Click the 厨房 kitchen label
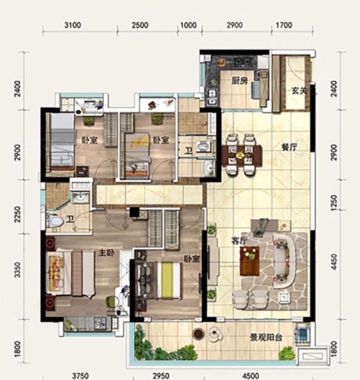(239, 81)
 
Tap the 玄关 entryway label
(299, 91)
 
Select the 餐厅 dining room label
(289, 147)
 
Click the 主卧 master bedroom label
(106, 253)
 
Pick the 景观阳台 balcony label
(266, 338)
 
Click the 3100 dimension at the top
(73, 25)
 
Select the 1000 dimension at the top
(189, 25)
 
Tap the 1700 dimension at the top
(284, 25)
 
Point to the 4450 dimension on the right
(334, 262)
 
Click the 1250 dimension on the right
(334, 203)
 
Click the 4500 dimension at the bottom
(250, 376)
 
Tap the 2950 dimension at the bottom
(161, 376)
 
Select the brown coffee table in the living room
(250, 261)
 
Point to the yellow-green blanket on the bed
(167, 280)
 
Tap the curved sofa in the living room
(286, 261)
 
